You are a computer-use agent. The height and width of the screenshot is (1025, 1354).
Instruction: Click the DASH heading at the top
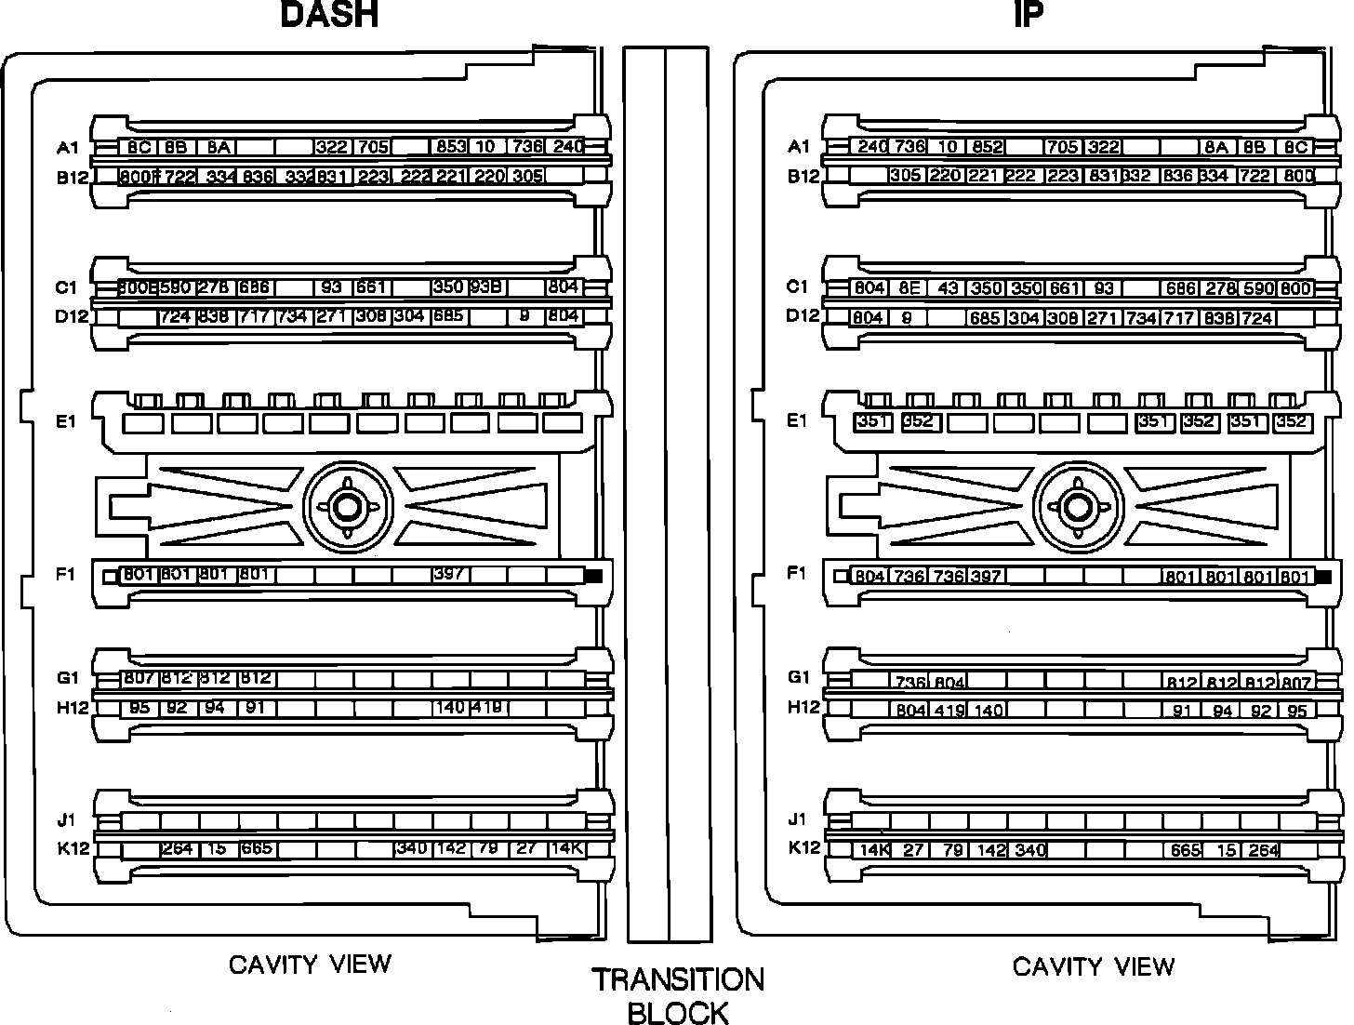click(x=329, y=16)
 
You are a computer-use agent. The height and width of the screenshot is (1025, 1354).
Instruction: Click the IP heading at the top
click(x=1027, y=16)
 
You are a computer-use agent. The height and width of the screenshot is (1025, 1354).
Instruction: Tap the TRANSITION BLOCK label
click(x=678, y=995)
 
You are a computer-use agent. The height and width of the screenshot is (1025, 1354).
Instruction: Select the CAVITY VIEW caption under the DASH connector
click(x=311, y=965)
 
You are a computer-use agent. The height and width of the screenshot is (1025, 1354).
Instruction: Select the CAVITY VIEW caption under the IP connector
click(x=1094, y=967)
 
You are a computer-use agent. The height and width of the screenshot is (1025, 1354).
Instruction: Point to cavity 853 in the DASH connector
click(x=450, y=147)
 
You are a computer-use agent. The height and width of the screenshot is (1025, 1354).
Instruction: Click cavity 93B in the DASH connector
click(x=487, y=287)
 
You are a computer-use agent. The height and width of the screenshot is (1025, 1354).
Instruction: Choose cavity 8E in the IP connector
click(x=909, y=288)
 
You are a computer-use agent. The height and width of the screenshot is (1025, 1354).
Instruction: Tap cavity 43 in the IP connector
click(x=947, y=288)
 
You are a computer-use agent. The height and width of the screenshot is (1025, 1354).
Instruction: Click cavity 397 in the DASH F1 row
click(x=449, y=574)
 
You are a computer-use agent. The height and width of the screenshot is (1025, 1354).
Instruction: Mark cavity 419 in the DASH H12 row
click(x=487, y=708)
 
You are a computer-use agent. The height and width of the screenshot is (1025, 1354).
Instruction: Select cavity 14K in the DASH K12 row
click(x=565, y=848)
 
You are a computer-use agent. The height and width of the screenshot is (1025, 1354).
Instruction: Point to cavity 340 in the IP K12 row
click(x=1029, y=850)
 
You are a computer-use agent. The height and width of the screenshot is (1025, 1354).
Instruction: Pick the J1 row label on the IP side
click(x=797, y=819)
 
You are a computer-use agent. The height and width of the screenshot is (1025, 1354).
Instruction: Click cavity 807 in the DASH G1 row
click(x=139, y=679)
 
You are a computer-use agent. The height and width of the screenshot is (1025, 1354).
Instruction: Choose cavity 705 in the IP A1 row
click(x=1062, y=147)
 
